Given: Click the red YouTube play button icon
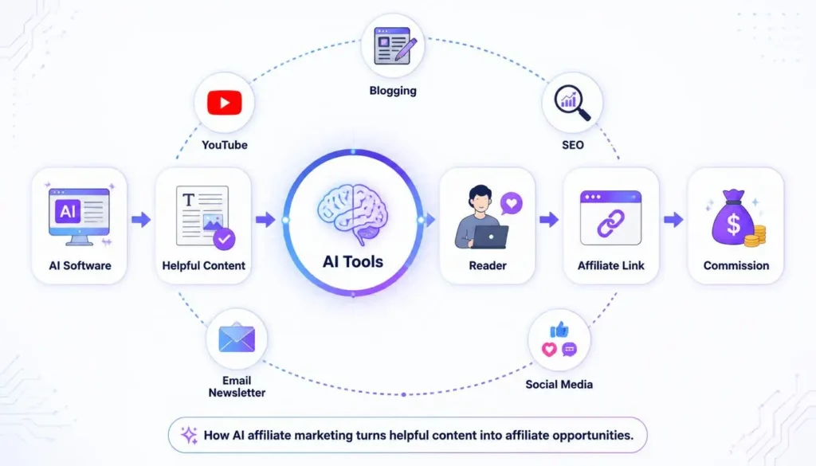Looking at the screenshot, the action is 224,103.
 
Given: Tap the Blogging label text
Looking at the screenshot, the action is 393,91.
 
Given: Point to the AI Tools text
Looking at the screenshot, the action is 353,261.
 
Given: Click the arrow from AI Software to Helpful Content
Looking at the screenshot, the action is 141,220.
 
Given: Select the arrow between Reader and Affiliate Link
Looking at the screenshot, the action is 549,220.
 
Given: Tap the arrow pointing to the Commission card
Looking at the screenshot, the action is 673,220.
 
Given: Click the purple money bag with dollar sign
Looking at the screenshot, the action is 732,217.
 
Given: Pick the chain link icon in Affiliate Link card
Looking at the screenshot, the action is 610,224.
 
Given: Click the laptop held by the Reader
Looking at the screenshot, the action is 491,237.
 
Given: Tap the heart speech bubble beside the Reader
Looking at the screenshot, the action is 511,203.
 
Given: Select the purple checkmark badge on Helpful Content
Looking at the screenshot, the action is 224,239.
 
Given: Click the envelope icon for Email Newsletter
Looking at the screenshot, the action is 237,338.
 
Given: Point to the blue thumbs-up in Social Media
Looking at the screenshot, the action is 559,329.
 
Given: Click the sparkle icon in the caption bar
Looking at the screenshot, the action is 189,435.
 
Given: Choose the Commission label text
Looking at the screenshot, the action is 736,265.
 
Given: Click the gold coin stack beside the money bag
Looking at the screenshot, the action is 755,236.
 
